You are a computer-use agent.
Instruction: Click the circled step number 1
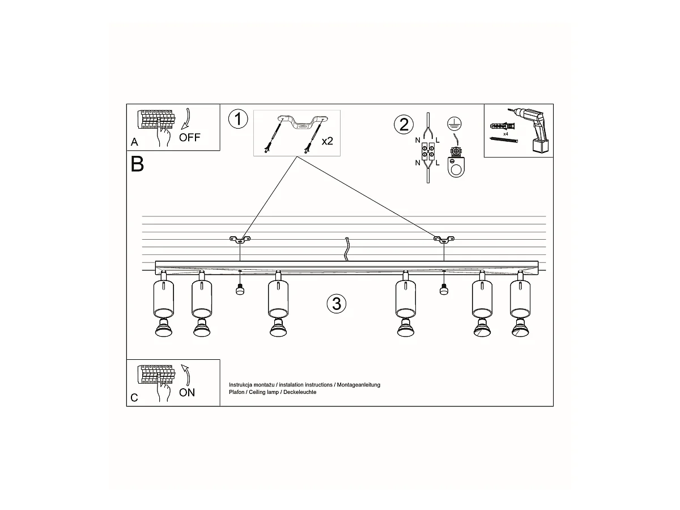(x=238, y=119)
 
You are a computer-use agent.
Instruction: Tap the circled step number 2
(x=403, y=125)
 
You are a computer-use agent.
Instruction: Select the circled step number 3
(x=337, y=304)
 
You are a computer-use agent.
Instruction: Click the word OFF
(x=190, y=137)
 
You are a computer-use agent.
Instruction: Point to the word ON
(x=187, y=393)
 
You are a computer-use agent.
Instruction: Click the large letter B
(x=137, y=164)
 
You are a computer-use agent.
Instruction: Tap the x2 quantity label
(x=327, y=141)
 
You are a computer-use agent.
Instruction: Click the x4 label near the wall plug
(x=505, y=134)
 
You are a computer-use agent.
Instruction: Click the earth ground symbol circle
(x=454, y=124)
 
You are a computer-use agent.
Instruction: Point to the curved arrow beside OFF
(x=186, y=118)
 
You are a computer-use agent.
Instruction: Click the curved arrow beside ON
(x=186, y=375)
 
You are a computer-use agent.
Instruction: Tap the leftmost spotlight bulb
(x=164, y=329)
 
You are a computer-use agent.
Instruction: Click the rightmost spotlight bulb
(x=520, y=329)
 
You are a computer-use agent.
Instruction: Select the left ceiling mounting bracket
(x=240, y=239)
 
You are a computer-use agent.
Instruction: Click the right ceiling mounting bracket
(x=444, y=239)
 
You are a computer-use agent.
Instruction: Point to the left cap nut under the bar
(x=240, y=290)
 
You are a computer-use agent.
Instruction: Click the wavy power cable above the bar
(x=347, y=249)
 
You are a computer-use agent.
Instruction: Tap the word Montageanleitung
(x=359, y=385)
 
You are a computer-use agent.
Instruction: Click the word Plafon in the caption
(x=237, y=392)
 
